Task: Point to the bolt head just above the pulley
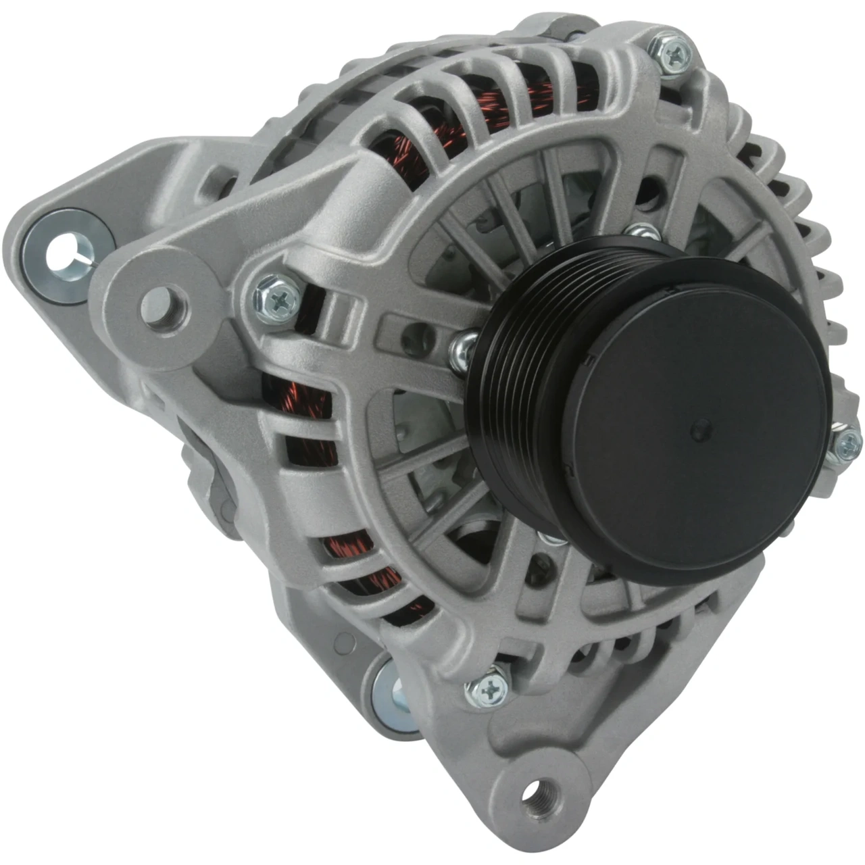pos(643,233)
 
